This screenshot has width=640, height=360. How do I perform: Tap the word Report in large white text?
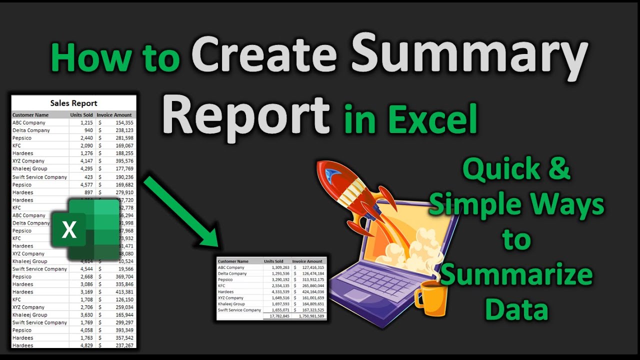click(246, 118)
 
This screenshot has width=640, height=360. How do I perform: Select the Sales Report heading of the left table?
click(73, 103)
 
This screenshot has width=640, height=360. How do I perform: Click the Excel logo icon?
click(85, 229)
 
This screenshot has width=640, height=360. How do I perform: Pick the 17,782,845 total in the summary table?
click(279, 316)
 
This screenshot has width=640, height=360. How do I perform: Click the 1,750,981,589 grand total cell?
click(310, 316)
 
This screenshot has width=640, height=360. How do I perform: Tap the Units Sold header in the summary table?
click(274, 261)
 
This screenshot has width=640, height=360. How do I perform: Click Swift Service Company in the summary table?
click(239, 310)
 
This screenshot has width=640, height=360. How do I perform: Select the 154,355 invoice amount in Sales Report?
click(123, 122)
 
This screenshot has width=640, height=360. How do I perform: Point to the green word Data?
click(516, 309)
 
